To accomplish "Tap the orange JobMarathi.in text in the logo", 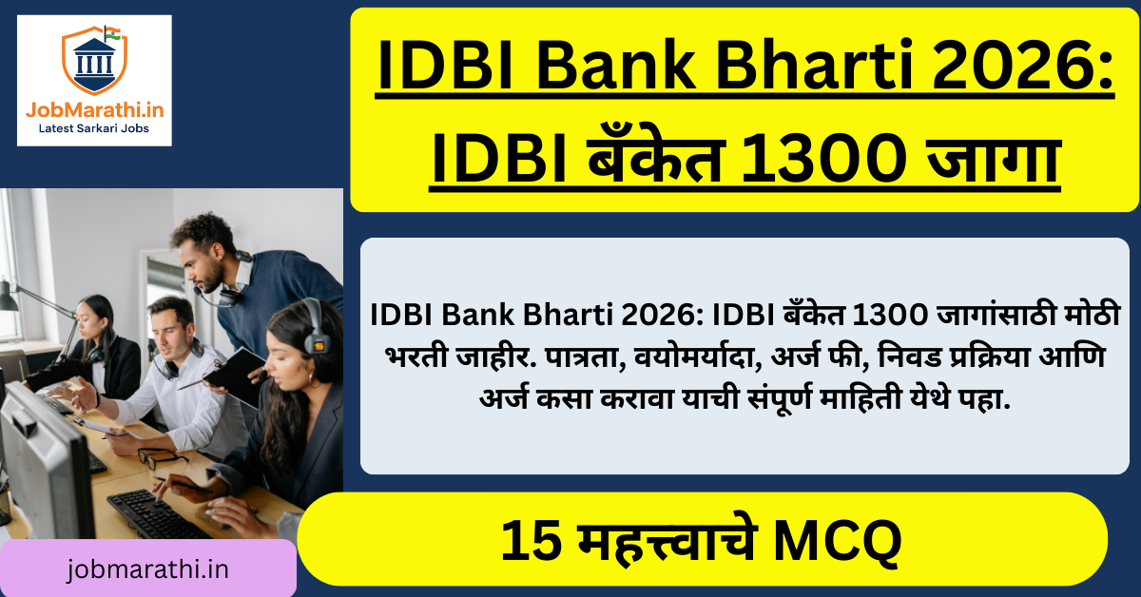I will pyautogui.click(x=94, y=110).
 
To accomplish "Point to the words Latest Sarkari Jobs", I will pyautogui.click(x=94, y=129).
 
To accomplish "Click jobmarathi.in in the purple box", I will pyautogui.click(x=148, y=568).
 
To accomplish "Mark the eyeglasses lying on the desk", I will pyautogui.click(x=161, y=457).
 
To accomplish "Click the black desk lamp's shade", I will pyautogui.click(x=8, y=298).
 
